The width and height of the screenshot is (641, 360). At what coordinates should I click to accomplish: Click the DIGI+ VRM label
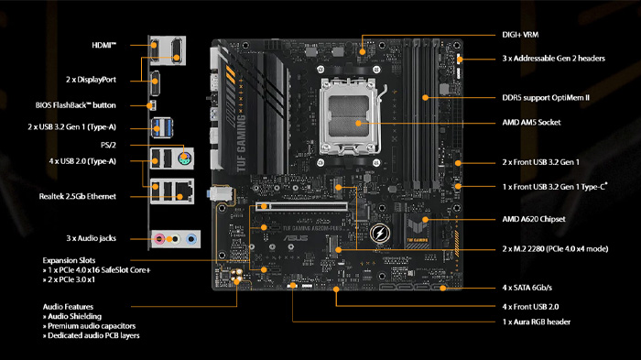coord(520,35)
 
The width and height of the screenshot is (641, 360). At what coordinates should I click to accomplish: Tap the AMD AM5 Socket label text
coord(531,123)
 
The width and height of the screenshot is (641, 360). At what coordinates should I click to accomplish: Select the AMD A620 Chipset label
coord(534,219)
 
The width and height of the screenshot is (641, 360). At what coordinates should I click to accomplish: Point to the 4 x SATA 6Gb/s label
coord(527,288)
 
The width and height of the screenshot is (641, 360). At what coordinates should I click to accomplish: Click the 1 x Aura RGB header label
coord(537,322)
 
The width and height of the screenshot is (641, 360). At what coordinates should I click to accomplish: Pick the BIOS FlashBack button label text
coord(76,105)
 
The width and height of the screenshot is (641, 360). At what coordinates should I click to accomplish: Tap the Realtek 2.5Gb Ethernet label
coord(78,196)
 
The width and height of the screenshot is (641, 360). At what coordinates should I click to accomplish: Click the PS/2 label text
coord(108,145)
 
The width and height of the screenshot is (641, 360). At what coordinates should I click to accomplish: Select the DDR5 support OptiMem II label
coord(546,98)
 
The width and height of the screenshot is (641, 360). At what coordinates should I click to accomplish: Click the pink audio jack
coord(159,238)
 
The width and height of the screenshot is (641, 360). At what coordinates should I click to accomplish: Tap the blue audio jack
coord(190,238)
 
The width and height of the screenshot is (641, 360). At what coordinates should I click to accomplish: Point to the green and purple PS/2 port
coord(185,158)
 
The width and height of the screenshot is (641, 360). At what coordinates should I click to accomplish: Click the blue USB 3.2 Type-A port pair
coord(162,127)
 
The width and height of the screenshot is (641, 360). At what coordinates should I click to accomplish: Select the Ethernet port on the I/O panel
coord(184,191)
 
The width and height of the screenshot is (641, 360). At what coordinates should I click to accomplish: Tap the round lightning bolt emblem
coord(379,234)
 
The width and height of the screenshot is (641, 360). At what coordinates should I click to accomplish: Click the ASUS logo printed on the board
coord(296,238)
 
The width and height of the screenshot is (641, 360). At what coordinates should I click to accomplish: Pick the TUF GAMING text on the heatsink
coord(241,143)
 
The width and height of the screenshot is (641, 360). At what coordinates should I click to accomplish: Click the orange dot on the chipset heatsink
coord(426,220)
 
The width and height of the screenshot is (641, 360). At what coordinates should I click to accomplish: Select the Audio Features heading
coord(68,307)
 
